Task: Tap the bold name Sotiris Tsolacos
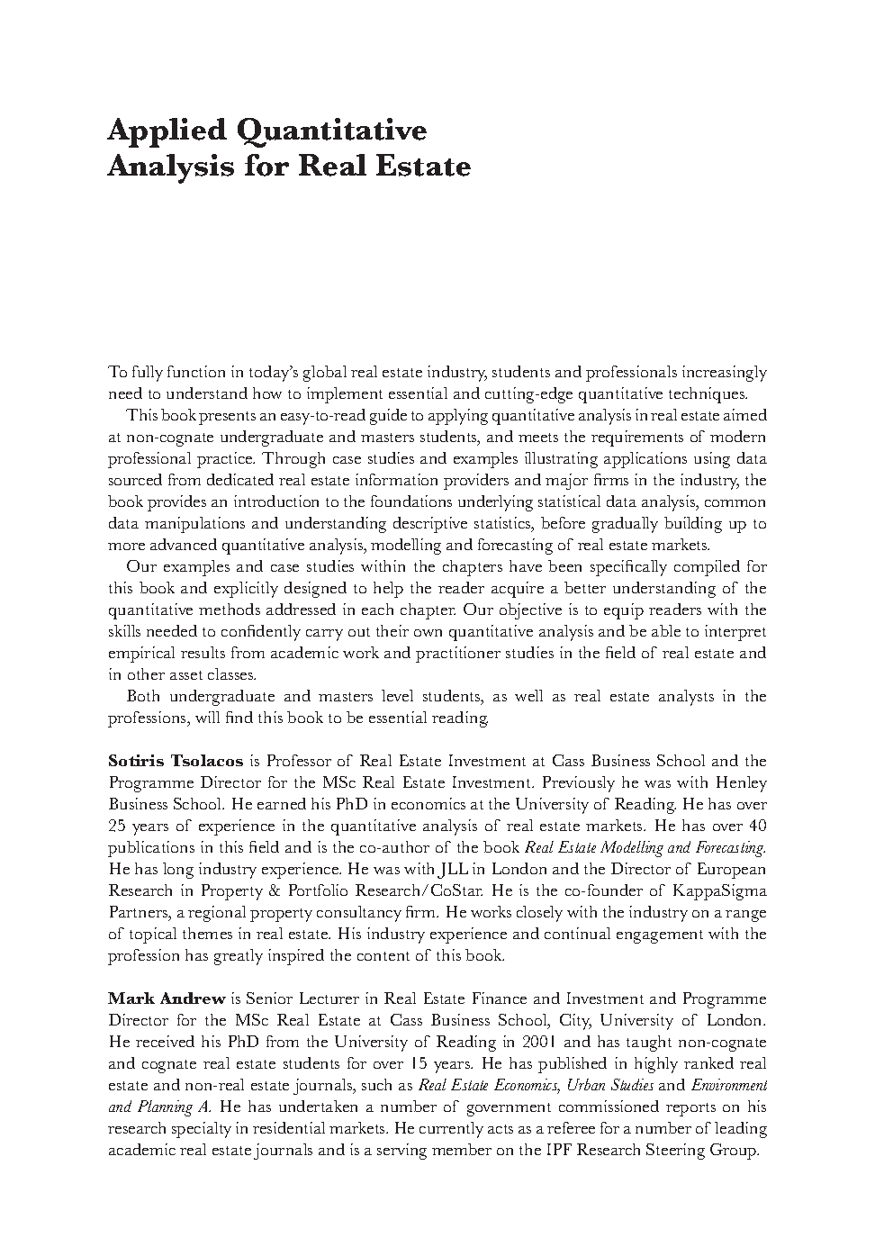coord(176,761)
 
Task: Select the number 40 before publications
coord(757,826)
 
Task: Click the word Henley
coord(741,782)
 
